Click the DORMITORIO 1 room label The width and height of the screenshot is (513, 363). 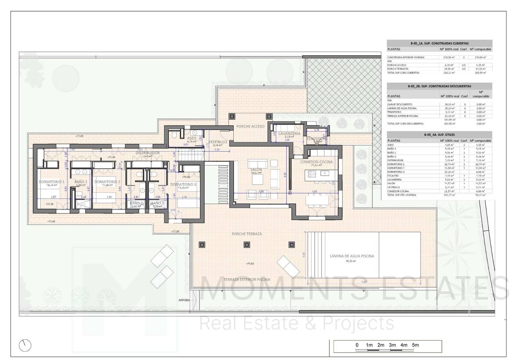pos(52,182)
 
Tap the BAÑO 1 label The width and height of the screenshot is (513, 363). pos(81,182)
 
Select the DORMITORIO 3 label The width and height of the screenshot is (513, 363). pos(183,185)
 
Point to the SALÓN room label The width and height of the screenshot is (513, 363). pos(256,169)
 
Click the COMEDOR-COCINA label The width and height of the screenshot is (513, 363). pos(316,162)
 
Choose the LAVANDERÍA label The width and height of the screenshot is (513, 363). pos(289,134)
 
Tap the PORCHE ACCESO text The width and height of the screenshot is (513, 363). pos(250,126)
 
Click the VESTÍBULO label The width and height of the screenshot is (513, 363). pos(218,142)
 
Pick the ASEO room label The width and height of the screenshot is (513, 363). pos(191,138)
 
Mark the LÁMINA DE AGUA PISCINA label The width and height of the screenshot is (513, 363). pos(352,256)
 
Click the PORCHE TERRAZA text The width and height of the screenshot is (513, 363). pos(247,234)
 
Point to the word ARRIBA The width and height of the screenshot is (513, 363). pos(184,300)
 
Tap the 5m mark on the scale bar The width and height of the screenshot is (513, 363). pos(416,345)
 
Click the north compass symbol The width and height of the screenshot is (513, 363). pos(25,345)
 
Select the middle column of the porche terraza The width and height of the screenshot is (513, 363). pos(247,245)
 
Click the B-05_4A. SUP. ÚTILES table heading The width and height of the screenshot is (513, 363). pos(439,135)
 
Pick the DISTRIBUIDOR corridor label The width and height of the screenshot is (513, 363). pos(147,153)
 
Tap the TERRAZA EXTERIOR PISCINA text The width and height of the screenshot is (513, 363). pos(247,280)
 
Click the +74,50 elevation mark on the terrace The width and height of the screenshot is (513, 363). pos(250,264)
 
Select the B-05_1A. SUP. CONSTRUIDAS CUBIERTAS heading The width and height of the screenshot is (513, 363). pos(439,43)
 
